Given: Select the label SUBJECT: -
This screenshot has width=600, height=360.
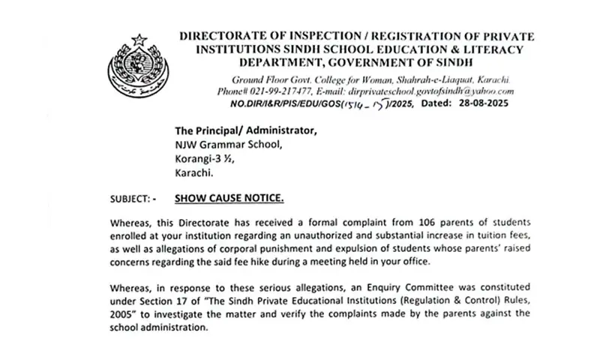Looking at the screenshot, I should point(133,198).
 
